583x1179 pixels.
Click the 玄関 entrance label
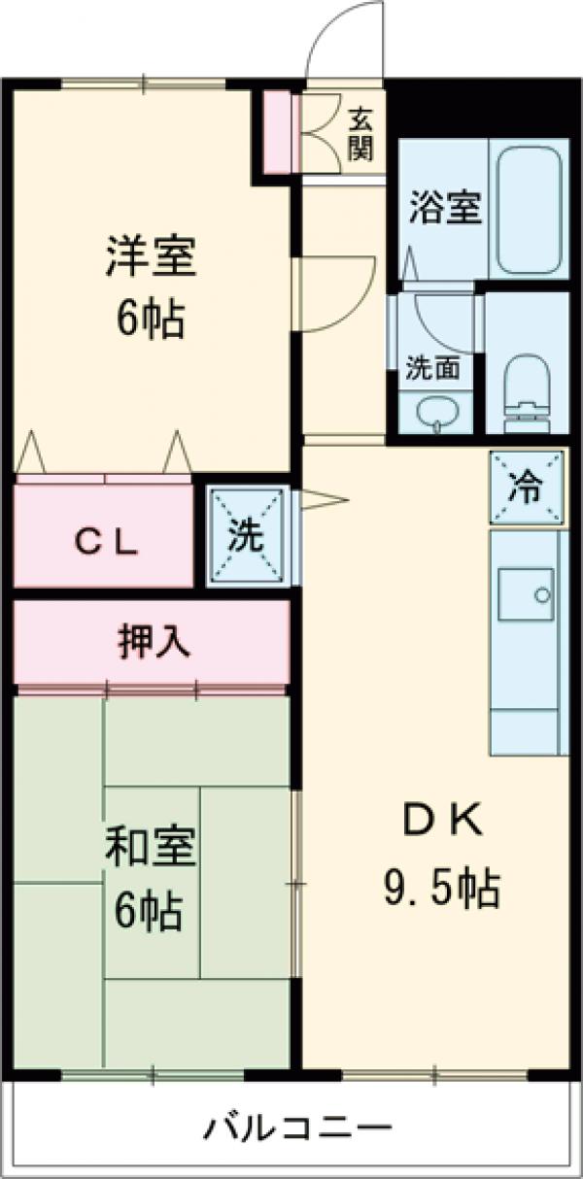(361, 134)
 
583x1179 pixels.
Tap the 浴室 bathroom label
(445, 208)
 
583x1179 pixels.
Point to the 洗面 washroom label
(433, 368)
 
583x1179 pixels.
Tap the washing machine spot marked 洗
(249, 537)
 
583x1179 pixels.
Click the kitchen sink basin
(526, 591)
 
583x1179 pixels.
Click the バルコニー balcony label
(297, 1128)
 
